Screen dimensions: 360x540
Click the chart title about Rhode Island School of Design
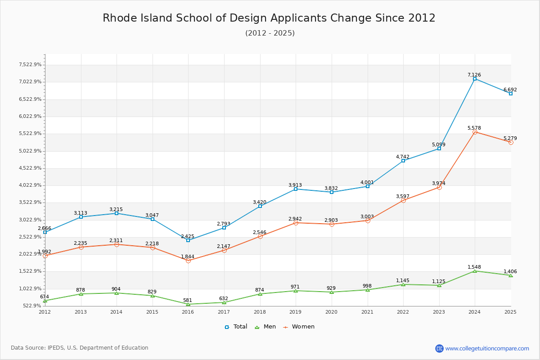point(269,18)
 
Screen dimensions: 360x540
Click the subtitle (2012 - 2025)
point(270,33)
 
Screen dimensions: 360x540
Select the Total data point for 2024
point(475,79)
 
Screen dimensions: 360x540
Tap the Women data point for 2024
point(475,132)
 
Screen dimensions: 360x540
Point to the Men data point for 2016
point(188,304)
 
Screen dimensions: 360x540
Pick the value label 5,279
point(510,138)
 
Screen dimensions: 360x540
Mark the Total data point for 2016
point(188,240)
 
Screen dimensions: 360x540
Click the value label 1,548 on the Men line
point(474,267)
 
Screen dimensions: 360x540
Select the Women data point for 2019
point(296,223)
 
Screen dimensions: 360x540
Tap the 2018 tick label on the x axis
point(260,312)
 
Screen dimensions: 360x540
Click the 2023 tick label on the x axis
point(439,312)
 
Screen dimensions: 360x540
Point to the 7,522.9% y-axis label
point(30,64)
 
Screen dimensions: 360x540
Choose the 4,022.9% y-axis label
point(30,185)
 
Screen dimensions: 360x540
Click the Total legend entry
point(236,327)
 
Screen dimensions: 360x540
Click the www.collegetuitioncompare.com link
point(487,348)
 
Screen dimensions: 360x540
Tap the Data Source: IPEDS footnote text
point(80,348)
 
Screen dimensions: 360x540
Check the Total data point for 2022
point(403,161)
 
